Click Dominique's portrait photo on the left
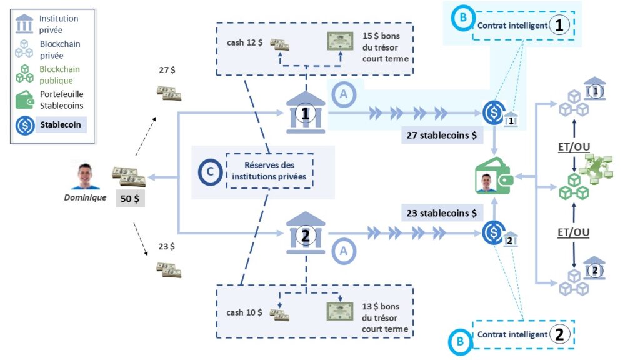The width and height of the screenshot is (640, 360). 85,176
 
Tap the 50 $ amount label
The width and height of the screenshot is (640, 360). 129,199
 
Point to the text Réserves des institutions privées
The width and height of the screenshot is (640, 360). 269,171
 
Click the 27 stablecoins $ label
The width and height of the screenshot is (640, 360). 440,135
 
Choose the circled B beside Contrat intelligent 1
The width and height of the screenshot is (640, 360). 462,17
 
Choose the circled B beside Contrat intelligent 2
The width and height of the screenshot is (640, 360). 460,342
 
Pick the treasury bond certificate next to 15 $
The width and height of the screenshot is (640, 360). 340,41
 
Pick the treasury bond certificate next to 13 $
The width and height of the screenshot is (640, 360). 340,311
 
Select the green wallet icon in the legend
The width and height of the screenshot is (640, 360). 24,100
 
